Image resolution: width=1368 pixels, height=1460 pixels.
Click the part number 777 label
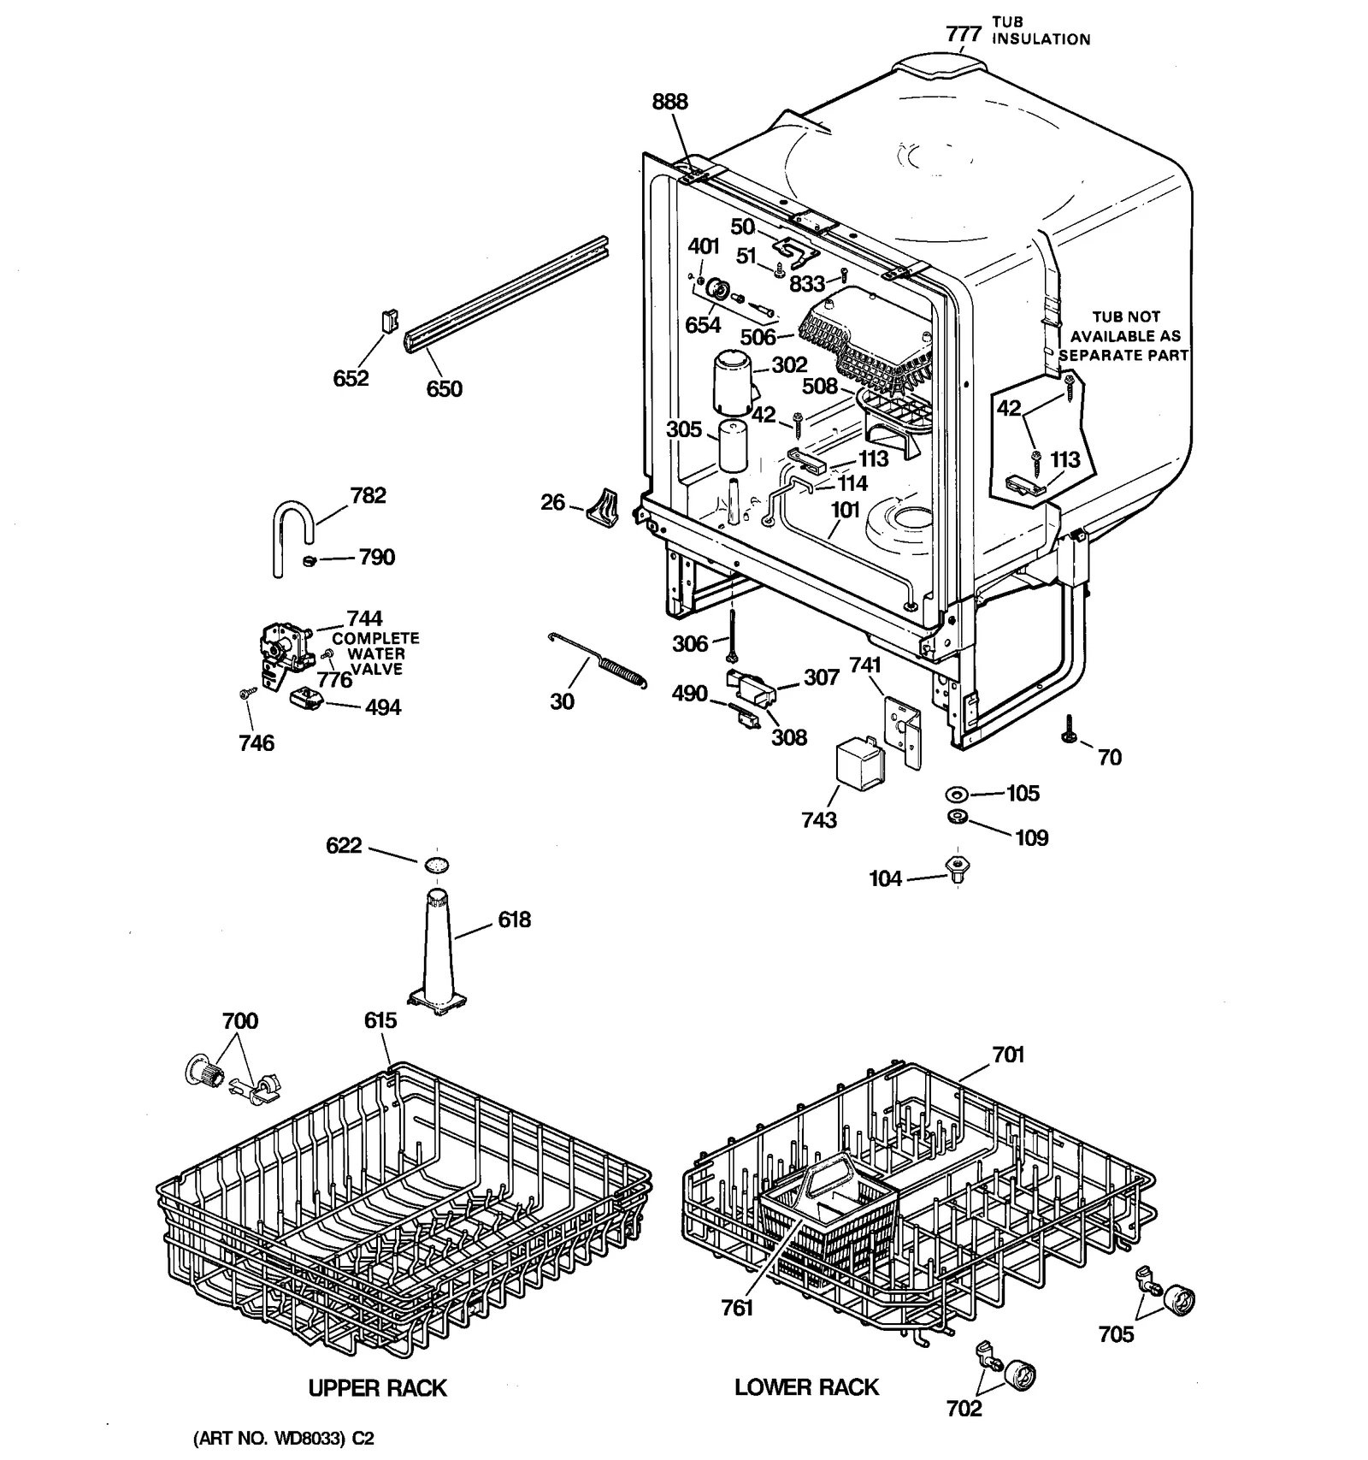tap(964, 34)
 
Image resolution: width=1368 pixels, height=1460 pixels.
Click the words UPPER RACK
tap(377, 1387)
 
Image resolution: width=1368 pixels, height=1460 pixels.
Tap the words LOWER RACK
tap(806, 1386)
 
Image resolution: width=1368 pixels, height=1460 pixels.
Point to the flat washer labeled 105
tap(957, 795)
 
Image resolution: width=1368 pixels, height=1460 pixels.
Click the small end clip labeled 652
tap(389, 322)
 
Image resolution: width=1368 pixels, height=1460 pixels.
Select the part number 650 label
tap(444, 388)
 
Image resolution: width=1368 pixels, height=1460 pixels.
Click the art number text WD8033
tap(282, 1439)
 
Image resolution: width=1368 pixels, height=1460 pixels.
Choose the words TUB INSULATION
tap(1040, 31)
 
